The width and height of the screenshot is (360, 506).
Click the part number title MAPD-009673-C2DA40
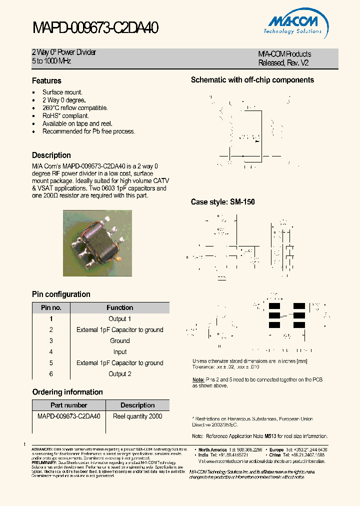pyautogui.click(x=95, y=28)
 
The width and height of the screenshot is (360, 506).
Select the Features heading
pyautogui.click(x=46, y=80)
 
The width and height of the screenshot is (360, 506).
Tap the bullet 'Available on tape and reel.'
pyautogui.click(x=77, y=123)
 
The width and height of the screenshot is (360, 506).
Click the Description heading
pyautogui.click(x=51, y=155)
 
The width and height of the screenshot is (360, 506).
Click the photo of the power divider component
pyautogui.click(x=97, y=242)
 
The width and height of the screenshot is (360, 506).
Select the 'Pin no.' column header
pyautogui.click(x=51, y=307)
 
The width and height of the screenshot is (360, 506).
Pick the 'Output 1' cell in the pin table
pyautogui.click(x=119, y=318)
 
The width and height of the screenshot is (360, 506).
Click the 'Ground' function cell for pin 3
pyautogui.click(x=119, y=340)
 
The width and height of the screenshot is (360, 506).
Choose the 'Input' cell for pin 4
pyautogui.click(x=119, y=352)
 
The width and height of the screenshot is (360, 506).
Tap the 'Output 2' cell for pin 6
pyautogui.click(x=119, y=374)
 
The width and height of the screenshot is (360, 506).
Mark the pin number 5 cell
pyautogui.click(x=51, y=363)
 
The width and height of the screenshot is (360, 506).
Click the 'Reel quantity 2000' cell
pyautogui.click(x=137, y=416)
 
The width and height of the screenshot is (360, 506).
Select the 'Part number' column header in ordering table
pyautogui.click(x=69, y=405)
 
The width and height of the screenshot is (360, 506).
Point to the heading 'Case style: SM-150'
pyautogui.click(x=222, y=202)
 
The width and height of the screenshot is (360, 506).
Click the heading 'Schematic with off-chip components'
pyautogui.click(x=252, y=80)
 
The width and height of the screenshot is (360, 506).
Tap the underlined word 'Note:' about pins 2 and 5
pyautogui.click(x=198, y=379)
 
